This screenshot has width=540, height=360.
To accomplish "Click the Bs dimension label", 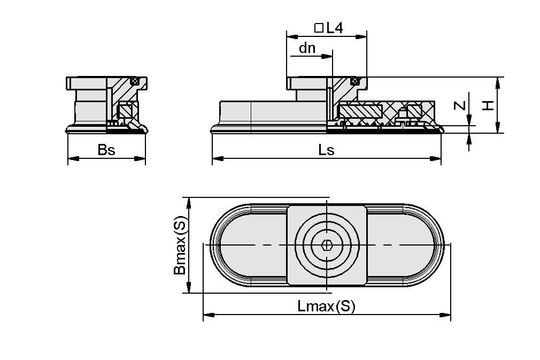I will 106,150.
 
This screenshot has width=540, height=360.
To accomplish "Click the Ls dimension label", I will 326,150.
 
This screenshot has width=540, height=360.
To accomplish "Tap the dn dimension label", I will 307,48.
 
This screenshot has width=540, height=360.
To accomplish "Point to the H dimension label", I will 488,105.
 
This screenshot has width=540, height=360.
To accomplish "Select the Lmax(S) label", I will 326,307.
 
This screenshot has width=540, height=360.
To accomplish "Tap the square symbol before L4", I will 319,28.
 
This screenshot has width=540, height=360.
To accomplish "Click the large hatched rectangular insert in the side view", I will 360,111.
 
